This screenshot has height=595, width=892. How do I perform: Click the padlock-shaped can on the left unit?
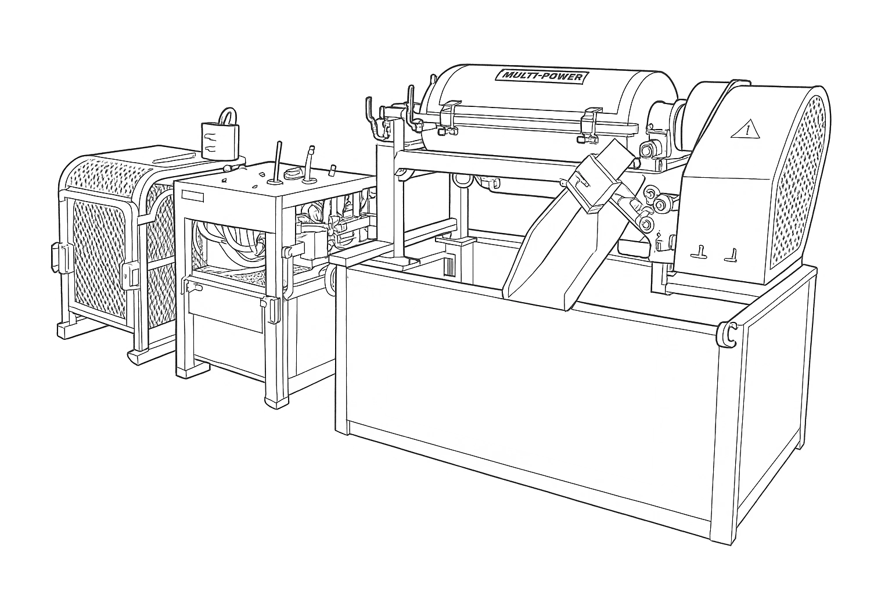click(x=221, y=135)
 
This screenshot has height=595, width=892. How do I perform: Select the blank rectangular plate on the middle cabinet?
click(x=192, y=196)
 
